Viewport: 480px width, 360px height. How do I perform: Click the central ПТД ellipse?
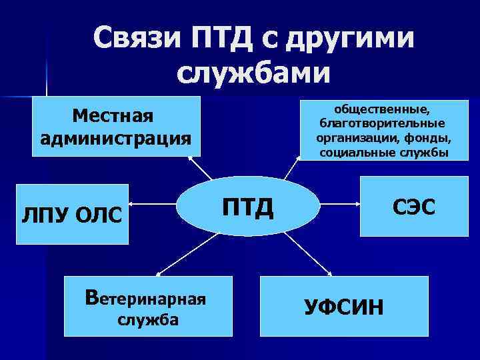pos(246,207)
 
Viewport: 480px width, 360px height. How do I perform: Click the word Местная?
pos(113,115)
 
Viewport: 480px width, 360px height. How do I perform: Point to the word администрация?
pos(115,138)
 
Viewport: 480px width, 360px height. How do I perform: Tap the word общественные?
pos(383,109)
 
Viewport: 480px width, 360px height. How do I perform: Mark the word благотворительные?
pos(383,123)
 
